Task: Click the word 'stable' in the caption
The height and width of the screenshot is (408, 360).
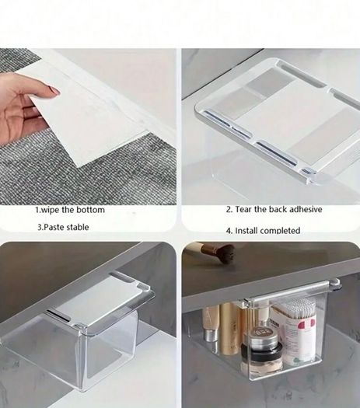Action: (78, 227)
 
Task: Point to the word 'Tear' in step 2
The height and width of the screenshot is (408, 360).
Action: (243, 209)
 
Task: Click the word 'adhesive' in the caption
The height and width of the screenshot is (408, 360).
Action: (306, 209)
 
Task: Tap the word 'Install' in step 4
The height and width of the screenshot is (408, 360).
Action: (246, 231)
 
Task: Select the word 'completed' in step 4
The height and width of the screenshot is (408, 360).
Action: (280, 231)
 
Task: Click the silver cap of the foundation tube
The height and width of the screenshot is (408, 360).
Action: (210, 335)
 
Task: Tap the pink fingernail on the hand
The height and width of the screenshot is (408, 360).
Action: (54, 90)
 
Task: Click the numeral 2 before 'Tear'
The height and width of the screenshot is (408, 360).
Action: (228, 210)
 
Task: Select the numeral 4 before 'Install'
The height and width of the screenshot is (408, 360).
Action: (229, 231)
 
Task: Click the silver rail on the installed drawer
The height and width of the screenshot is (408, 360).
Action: (292, 291)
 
